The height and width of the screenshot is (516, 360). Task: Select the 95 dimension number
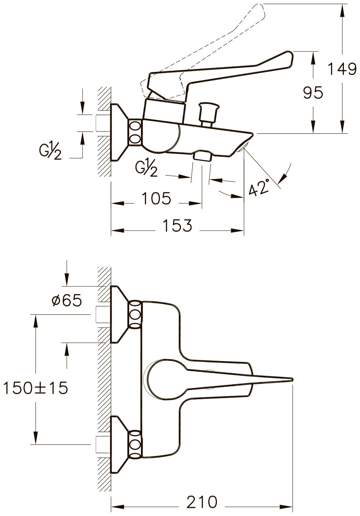click(313, 93)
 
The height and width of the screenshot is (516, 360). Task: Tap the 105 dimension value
click(156, 199)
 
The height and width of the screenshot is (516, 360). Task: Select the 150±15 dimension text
click(35, 388)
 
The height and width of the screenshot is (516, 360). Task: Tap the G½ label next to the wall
click(50, 152)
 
